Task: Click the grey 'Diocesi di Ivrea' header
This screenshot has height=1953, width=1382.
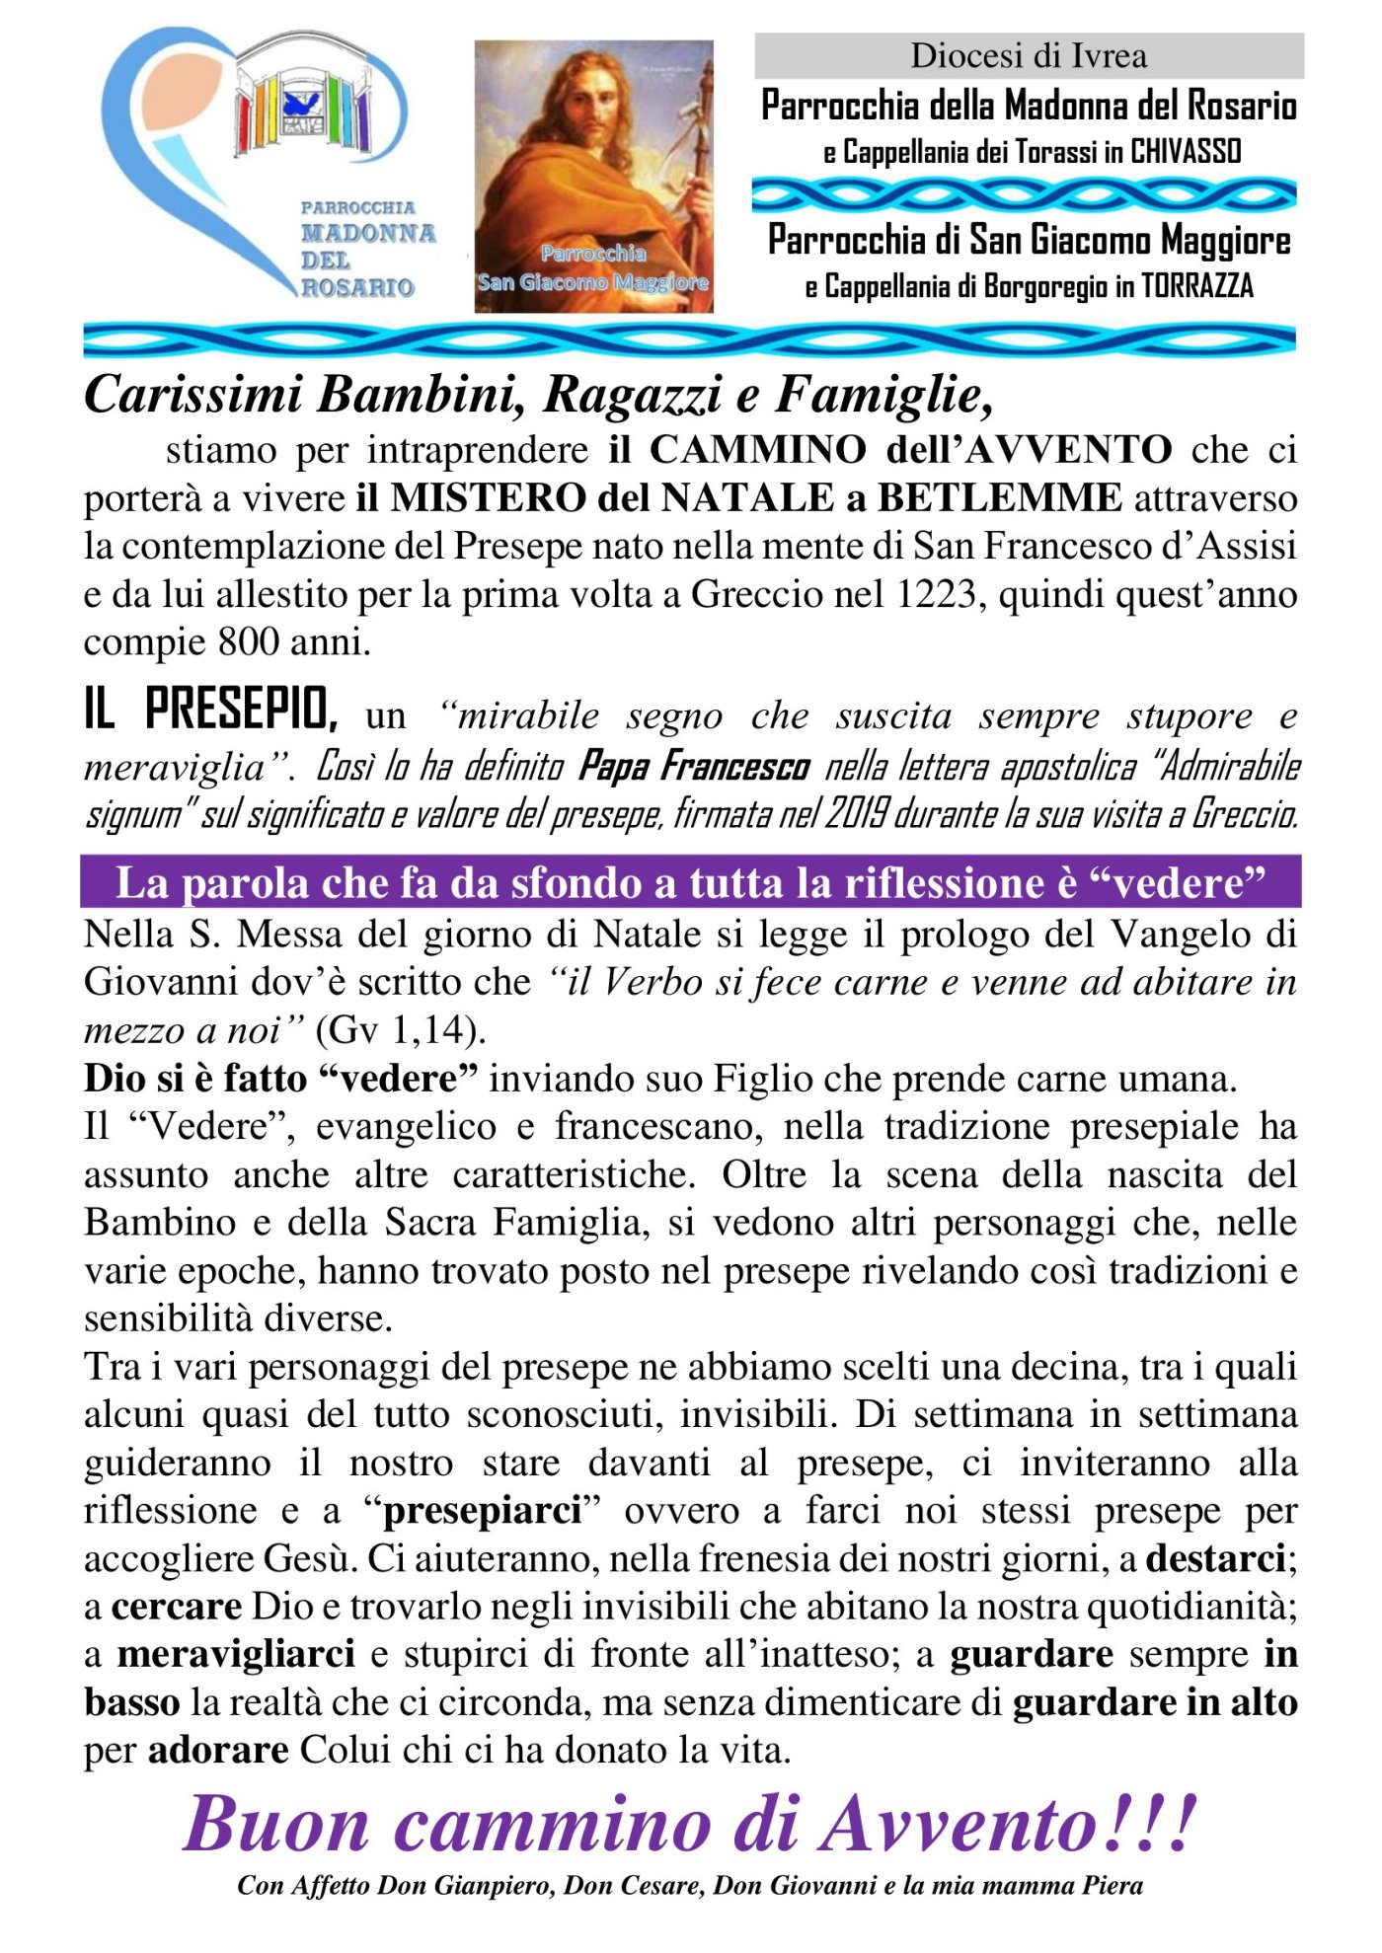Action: (x=1029, y=55)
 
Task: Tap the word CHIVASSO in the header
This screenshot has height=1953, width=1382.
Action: (x=1186, y=152)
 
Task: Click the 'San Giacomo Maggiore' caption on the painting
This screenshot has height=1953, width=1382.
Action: (x=593, y=282)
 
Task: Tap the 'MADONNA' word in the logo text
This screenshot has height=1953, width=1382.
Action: (x=367, y=234)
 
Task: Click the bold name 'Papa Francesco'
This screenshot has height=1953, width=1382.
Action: (x=694, y=766)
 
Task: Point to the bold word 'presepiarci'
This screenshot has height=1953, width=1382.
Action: (x=482, y=1510)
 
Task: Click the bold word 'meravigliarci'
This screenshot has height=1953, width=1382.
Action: (x=236, y=1654)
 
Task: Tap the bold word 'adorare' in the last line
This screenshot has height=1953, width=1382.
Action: (x=218, y=1750)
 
